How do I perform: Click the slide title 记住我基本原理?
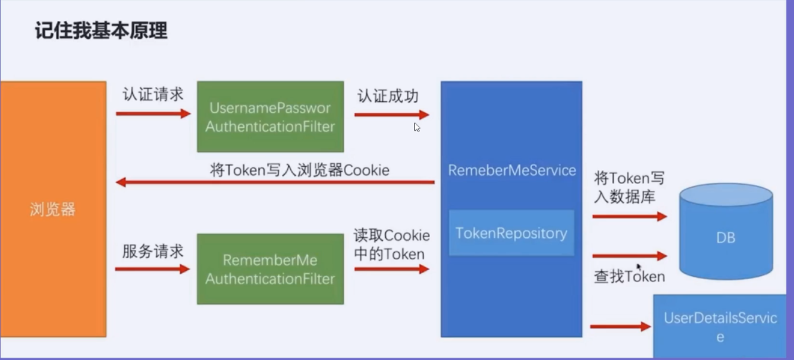(x=102, y=30)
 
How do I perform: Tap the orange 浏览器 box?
(x=53, y=209)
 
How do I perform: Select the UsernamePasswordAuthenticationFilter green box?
(x=270, y=117)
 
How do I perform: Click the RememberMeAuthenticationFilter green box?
(x=270, y=270)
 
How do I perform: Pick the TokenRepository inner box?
(x=511, y=233)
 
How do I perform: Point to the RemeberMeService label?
(x=511, y=170)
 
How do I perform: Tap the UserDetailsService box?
(x=720, y=327)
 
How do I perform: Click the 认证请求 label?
(x=153, y=95)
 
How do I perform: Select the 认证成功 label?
(x=388, y=96)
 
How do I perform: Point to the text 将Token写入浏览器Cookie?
(x=300, y=170)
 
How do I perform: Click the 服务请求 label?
(x=153, y=251)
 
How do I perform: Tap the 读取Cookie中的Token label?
(x=391, y=245)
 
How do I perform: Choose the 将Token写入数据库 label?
(x=629, y=187)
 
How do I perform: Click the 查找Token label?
(x=629, y=277)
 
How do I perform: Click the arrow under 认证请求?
(x=153, y=113)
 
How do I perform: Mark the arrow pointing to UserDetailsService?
(x=620, y=326)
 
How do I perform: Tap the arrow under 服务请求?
(x=152, y=269)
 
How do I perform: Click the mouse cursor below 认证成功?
(x=417, y=127)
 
